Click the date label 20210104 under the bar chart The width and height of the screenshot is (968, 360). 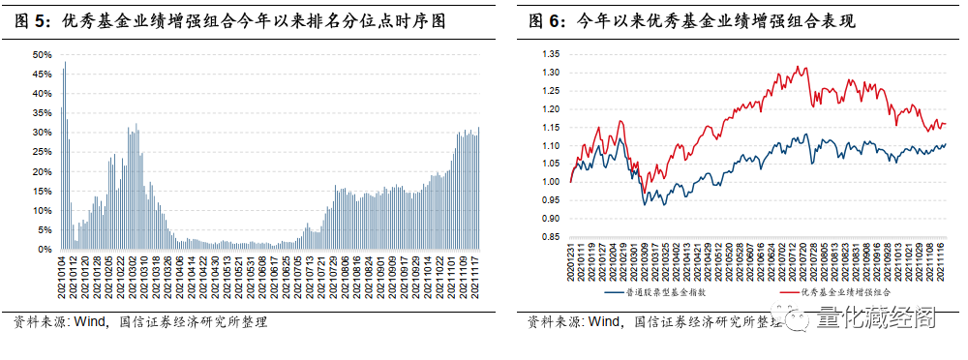coord(61,276)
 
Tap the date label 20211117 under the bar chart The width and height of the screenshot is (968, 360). coord(478,276)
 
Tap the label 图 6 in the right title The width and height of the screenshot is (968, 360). coord(543,19)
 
